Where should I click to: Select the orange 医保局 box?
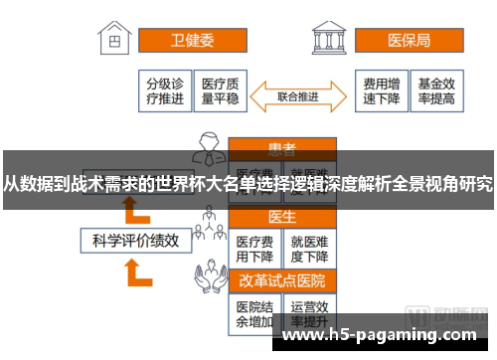408,41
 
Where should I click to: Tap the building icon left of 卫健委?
118,41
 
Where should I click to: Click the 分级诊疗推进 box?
165,91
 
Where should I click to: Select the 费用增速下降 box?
382,91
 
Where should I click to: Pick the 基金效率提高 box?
436,91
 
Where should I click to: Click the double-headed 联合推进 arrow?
297,96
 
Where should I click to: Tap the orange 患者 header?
281,149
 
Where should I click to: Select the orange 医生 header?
281,217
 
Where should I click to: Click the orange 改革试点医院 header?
281,280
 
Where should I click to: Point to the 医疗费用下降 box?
254,249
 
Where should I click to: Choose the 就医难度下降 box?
309,249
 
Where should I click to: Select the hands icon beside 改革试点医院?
209,281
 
